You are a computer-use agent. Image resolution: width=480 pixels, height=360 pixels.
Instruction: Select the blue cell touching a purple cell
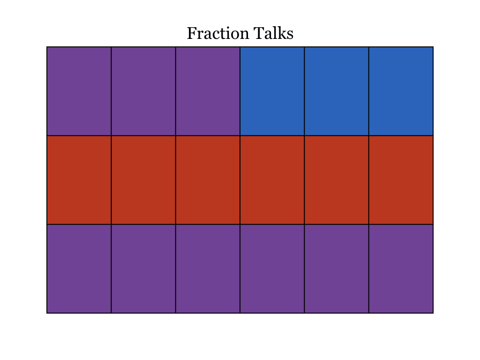(272, 91)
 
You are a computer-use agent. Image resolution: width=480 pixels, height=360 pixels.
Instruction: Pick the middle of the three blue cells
(337, 91)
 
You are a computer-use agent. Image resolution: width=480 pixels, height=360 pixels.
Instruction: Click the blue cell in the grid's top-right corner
(401, 91)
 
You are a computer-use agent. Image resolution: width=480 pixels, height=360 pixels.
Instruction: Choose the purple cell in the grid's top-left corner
(79, 91)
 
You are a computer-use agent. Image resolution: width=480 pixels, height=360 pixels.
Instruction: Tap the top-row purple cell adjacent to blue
(208, 91)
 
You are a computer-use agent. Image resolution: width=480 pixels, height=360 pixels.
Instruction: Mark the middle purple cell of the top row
(143, 91)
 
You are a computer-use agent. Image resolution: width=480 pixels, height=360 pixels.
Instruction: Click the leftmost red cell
(79, 180)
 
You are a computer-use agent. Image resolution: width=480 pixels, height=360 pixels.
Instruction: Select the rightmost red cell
(401, 180)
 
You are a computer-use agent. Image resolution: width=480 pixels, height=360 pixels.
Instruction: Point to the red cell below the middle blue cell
(337, 180)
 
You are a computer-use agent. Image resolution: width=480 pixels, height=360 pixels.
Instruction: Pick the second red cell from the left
(143, 180)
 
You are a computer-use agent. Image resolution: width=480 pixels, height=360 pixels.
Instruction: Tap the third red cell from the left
(208, 180)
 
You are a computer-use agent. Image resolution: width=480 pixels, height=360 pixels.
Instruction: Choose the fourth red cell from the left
(272, 180)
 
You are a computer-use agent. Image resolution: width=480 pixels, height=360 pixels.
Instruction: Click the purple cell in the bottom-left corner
(79, 269)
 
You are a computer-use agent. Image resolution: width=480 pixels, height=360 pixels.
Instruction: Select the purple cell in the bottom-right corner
(401, 269)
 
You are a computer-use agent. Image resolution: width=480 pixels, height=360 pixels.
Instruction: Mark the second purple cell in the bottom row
(143, 269)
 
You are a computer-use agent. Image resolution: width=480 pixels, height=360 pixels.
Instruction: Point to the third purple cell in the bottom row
(208, 269)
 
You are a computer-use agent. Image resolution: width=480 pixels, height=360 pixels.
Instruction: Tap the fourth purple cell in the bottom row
(272, 269)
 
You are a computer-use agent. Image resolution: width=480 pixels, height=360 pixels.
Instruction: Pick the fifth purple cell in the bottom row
(337, 269)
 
